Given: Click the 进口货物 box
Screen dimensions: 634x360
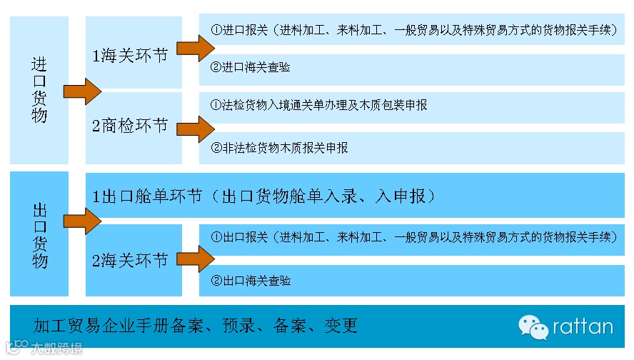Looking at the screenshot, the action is point(39,90).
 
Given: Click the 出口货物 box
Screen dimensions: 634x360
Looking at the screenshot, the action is point(39,235).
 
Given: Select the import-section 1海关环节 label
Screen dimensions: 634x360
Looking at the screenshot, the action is point(130,55).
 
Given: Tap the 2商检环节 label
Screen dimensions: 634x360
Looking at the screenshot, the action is point(130,126).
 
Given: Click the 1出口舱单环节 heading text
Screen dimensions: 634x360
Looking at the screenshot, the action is point(263,196).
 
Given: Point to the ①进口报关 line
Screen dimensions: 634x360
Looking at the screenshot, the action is point(414,31).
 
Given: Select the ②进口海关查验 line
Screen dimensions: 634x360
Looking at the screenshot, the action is point(251,68).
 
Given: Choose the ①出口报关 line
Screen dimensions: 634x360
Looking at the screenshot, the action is point(414,236).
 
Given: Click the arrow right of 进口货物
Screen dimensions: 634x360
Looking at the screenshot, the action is point(83,91).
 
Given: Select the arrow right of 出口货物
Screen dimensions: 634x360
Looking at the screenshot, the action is point(83,221).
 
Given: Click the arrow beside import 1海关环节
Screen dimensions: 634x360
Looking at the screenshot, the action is point(195,48).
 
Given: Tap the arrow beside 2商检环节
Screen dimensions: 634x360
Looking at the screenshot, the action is point(195,129).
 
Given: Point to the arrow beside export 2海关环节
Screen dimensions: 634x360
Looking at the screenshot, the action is point(195,258).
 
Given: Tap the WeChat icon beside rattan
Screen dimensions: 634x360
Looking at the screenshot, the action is point(533,327).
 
